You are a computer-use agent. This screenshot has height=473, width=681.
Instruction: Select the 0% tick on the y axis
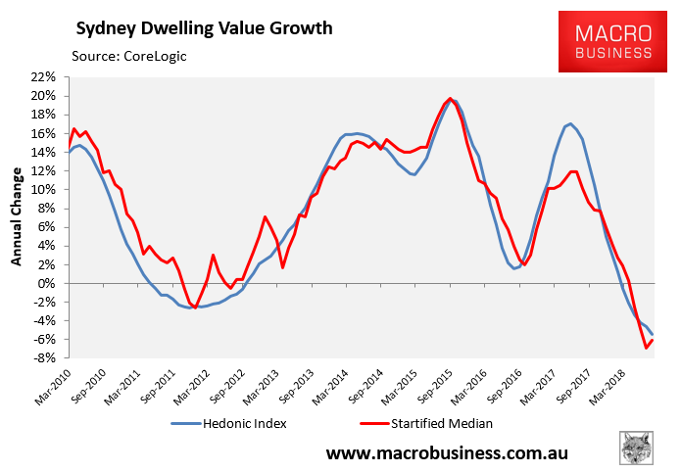click(49, 283)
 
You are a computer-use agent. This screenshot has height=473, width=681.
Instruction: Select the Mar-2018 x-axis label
click(602, 383)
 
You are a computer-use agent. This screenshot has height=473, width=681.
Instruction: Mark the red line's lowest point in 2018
click(647, 348)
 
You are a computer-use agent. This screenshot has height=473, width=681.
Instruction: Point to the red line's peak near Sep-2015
click(450, 98)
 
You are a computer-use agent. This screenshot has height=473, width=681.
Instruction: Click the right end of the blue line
click(653, 335)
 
